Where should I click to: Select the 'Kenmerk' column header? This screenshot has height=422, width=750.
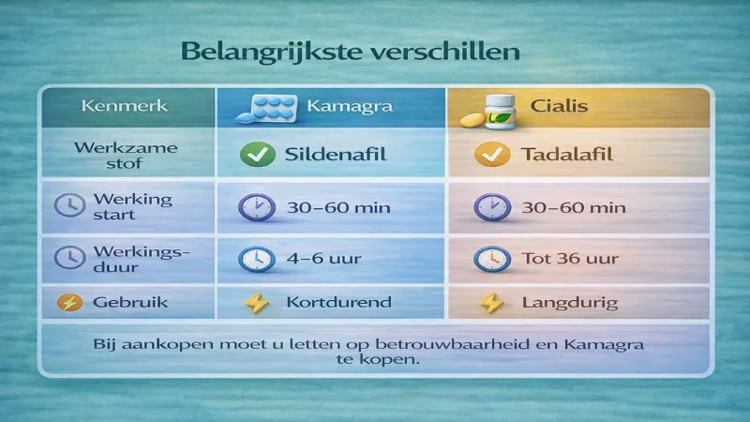[126, 105]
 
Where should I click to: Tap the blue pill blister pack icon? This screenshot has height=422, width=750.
[270, 105]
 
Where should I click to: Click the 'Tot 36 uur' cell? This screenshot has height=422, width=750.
[560, 258]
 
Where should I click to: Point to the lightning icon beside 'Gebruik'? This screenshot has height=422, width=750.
[68, 303]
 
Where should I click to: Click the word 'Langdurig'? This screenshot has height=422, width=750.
[558, 304]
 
